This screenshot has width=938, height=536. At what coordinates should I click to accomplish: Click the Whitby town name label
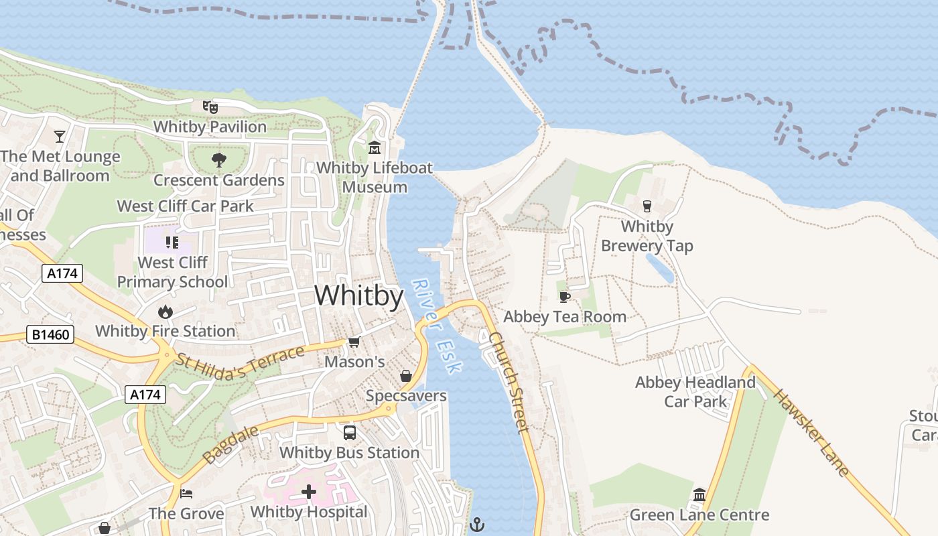(x=358, y=295)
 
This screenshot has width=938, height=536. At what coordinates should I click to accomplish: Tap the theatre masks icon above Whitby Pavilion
(x=210, y=107)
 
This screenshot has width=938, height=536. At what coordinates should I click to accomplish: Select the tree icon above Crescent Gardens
(x=218, y=159)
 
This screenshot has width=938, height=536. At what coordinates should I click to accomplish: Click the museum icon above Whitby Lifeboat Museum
(x=375, y=147)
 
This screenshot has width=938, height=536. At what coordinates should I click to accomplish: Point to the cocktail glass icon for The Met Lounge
(x=60, y=137)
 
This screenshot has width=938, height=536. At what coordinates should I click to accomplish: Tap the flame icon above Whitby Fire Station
(x=165, y=312)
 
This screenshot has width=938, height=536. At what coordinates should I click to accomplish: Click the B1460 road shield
(x=51, y=334)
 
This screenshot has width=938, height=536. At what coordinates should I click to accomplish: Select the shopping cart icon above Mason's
(x=354, y=342)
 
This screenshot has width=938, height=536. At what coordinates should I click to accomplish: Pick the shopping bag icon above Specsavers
(x=405, y=376)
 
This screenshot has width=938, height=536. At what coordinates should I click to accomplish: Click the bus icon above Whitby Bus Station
(x=349, y=433)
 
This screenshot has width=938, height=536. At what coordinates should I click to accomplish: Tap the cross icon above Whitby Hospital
(x=308, y=492)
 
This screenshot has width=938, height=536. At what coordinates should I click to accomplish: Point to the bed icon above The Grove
(x=186, y=494)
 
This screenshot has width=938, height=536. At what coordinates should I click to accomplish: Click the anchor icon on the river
(x=477, y=524)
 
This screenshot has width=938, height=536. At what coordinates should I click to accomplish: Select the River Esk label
(x=436, y=326)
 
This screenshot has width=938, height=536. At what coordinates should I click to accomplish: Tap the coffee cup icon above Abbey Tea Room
(x=564, y=297)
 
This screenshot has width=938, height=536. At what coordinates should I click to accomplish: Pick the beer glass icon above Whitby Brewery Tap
(x=647, y=206)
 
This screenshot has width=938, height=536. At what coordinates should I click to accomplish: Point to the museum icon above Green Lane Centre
(x=699, y=495)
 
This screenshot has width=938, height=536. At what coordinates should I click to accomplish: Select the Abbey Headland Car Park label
(x=695, y=392)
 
